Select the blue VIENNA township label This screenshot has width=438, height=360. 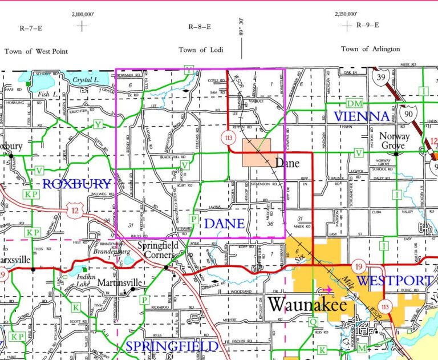pos(362,116)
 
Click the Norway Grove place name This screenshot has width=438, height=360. pos(394,141)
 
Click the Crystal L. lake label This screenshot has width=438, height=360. pos(84,81)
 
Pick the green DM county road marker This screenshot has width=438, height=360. pos(355,103)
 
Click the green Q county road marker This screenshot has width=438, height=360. pos(313,322)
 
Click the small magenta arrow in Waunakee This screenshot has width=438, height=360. pos(328,289)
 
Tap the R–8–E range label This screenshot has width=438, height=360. pos(200,27)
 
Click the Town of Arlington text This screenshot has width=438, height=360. pos(370,49)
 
